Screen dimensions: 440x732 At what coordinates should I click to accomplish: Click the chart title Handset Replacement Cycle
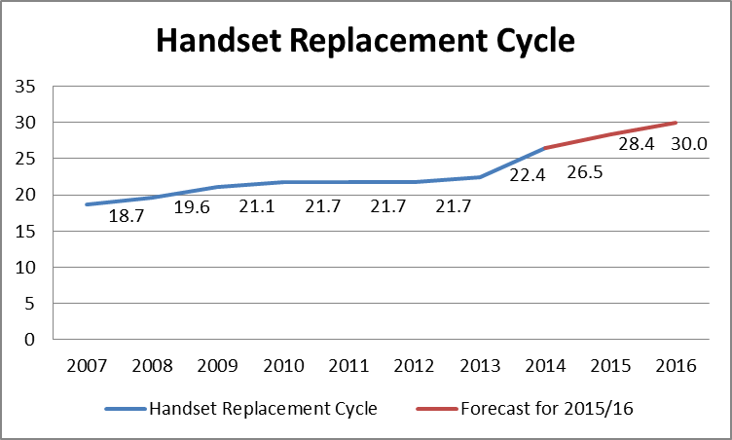click(x=366, y=42)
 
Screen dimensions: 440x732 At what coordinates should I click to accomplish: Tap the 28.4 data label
click(x=639, y=144)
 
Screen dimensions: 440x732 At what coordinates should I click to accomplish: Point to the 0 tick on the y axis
click(x=30, y=340)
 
